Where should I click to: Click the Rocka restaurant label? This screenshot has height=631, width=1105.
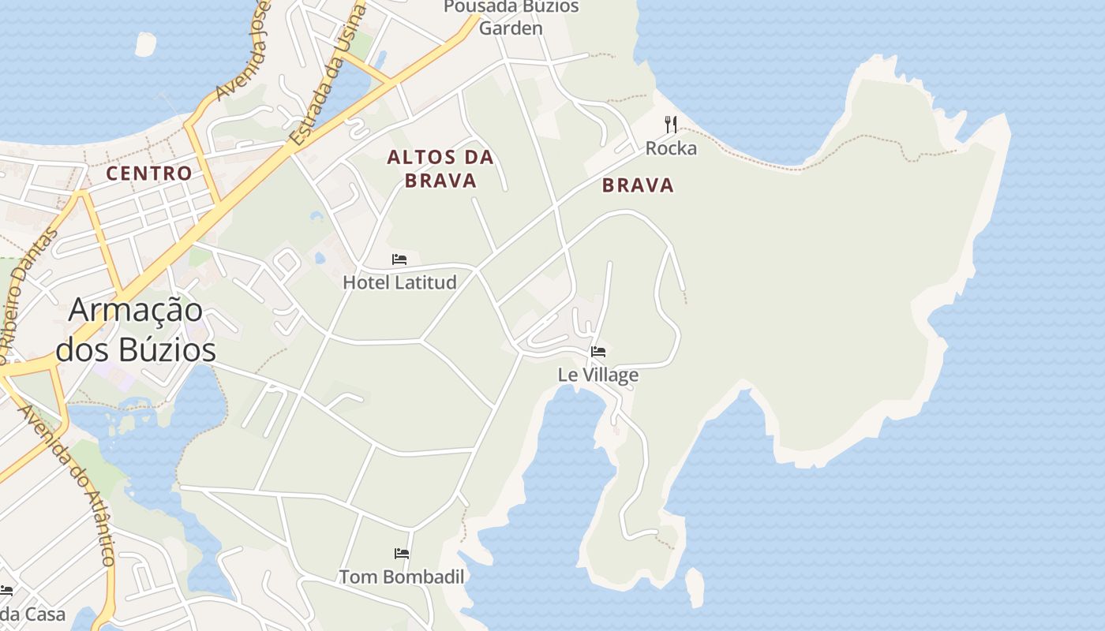point(671,148)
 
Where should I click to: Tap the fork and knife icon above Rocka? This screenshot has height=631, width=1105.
point(671,124)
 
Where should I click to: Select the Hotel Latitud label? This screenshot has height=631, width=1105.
point(399,282)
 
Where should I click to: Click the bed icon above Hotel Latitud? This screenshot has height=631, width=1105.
point(399,259)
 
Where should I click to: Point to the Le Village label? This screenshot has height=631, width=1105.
point(598,375)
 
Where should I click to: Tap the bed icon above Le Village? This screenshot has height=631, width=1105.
point(598,351)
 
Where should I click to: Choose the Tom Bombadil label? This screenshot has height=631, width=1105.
point(402,577)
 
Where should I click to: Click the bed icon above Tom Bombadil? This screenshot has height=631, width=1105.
point(402,554)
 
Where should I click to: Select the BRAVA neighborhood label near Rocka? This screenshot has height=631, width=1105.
point(638,185)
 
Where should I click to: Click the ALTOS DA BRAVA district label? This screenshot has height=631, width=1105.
point(440,169)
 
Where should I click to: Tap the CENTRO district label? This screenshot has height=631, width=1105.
point(148,174)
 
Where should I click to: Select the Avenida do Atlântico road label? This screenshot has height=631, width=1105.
point(67,484)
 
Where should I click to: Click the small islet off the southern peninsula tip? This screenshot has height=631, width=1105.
point(695,587)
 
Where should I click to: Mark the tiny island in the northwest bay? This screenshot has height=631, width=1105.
point(146,44)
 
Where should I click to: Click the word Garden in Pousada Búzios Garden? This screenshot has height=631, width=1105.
point(511,28)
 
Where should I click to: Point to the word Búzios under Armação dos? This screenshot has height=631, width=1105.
point(136,349)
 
